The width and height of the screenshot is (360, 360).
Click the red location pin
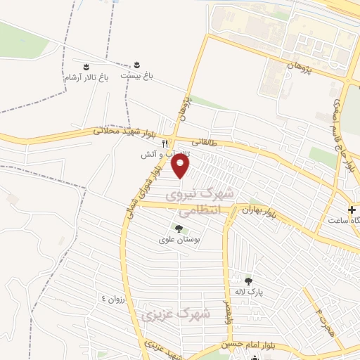(181, 167)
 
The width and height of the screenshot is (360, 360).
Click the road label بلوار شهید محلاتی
(123, 131)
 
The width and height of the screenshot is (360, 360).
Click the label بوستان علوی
(178, 239)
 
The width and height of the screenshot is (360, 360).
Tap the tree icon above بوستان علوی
(178, 228)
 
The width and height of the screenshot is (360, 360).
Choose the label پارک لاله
(248, 293)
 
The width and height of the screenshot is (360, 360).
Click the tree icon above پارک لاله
(248, 281)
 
